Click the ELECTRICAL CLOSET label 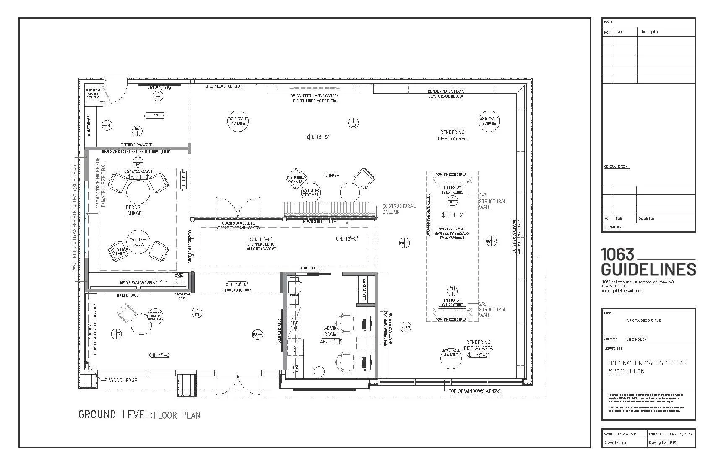click(x=93, y=93)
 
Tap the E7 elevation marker click(x=158, y=97)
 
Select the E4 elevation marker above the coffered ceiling click(x=137, y=162)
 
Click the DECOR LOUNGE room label click(x=133, y=210)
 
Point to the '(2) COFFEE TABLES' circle click(x=138, y=241)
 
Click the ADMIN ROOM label click(x=330, y=331)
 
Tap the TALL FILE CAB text click(x=294, y=323)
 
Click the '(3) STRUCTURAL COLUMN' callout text click(x=398, y=209)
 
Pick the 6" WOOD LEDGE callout click(x=121, y=381)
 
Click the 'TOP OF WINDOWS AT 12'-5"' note click(x=475, y=391)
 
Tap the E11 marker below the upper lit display click(x=453, y=202)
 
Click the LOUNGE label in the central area click(x=330, y=175)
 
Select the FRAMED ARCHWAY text click(x=237, y=290)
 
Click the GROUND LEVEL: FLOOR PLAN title click(x=139, y=415)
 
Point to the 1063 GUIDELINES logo click(x=648, y=262)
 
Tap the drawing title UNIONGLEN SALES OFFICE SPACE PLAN click(x=647, y=367)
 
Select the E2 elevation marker click(x=116, y=334)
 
